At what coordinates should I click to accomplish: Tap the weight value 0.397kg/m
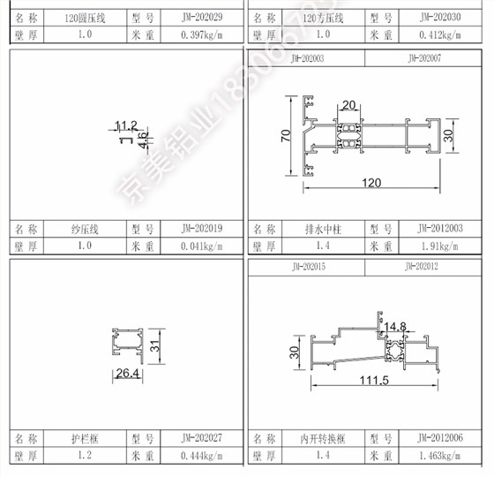coord(202,34)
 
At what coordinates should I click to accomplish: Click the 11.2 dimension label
coord(127,125)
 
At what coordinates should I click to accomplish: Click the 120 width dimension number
coord(373,182)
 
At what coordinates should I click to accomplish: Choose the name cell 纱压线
coord(84,229)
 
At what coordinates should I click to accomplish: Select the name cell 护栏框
coord(84,438)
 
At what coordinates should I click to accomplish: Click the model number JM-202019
coord(202,229)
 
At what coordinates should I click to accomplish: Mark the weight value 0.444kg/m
coord(202,456)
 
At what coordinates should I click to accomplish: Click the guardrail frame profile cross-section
coord(127,346)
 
